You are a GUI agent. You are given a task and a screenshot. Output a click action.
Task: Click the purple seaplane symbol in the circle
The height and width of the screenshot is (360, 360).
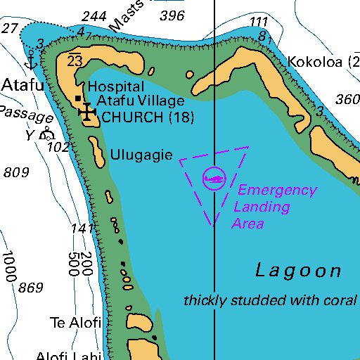tap(213, 179)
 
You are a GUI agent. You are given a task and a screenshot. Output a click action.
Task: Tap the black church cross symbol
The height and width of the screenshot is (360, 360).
tap(86, 112)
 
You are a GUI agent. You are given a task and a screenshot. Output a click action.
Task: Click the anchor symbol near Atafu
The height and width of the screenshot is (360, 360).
tap(30, 60)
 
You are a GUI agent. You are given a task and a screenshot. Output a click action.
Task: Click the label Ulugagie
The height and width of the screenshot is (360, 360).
tap(141, 155)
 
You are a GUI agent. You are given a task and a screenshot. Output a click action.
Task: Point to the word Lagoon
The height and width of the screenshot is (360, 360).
tap(298, 271)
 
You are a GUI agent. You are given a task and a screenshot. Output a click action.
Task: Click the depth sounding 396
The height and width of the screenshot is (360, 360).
tap(172, 15)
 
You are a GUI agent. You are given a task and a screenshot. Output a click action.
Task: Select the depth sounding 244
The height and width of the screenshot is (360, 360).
tap(94, 16)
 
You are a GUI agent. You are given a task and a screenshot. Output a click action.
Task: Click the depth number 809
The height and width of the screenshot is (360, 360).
tap(15, 172)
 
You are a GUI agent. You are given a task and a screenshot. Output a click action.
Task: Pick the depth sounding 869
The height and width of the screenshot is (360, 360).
tap(31, 287)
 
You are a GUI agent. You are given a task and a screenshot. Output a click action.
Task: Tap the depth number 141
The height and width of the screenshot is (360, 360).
tap(82, 229)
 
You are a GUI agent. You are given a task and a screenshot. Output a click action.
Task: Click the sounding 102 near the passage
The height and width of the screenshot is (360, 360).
tap(58, 147)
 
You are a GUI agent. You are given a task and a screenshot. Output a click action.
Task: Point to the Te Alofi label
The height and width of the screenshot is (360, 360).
tap(76, 323)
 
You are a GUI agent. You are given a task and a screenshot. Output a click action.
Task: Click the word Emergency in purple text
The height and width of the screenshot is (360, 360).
tap(277, 190)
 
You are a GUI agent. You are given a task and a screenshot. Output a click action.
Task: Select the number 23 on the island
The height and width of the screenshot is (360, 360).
tap(75, 61)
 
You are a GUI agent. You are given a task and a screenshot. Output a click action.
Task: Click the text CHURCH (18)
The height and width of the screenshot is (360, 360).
tap(148, 117)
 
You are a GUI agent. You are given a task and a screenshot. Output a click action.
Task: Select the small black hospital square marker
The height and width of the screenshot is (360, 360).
tap(77, 98)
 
